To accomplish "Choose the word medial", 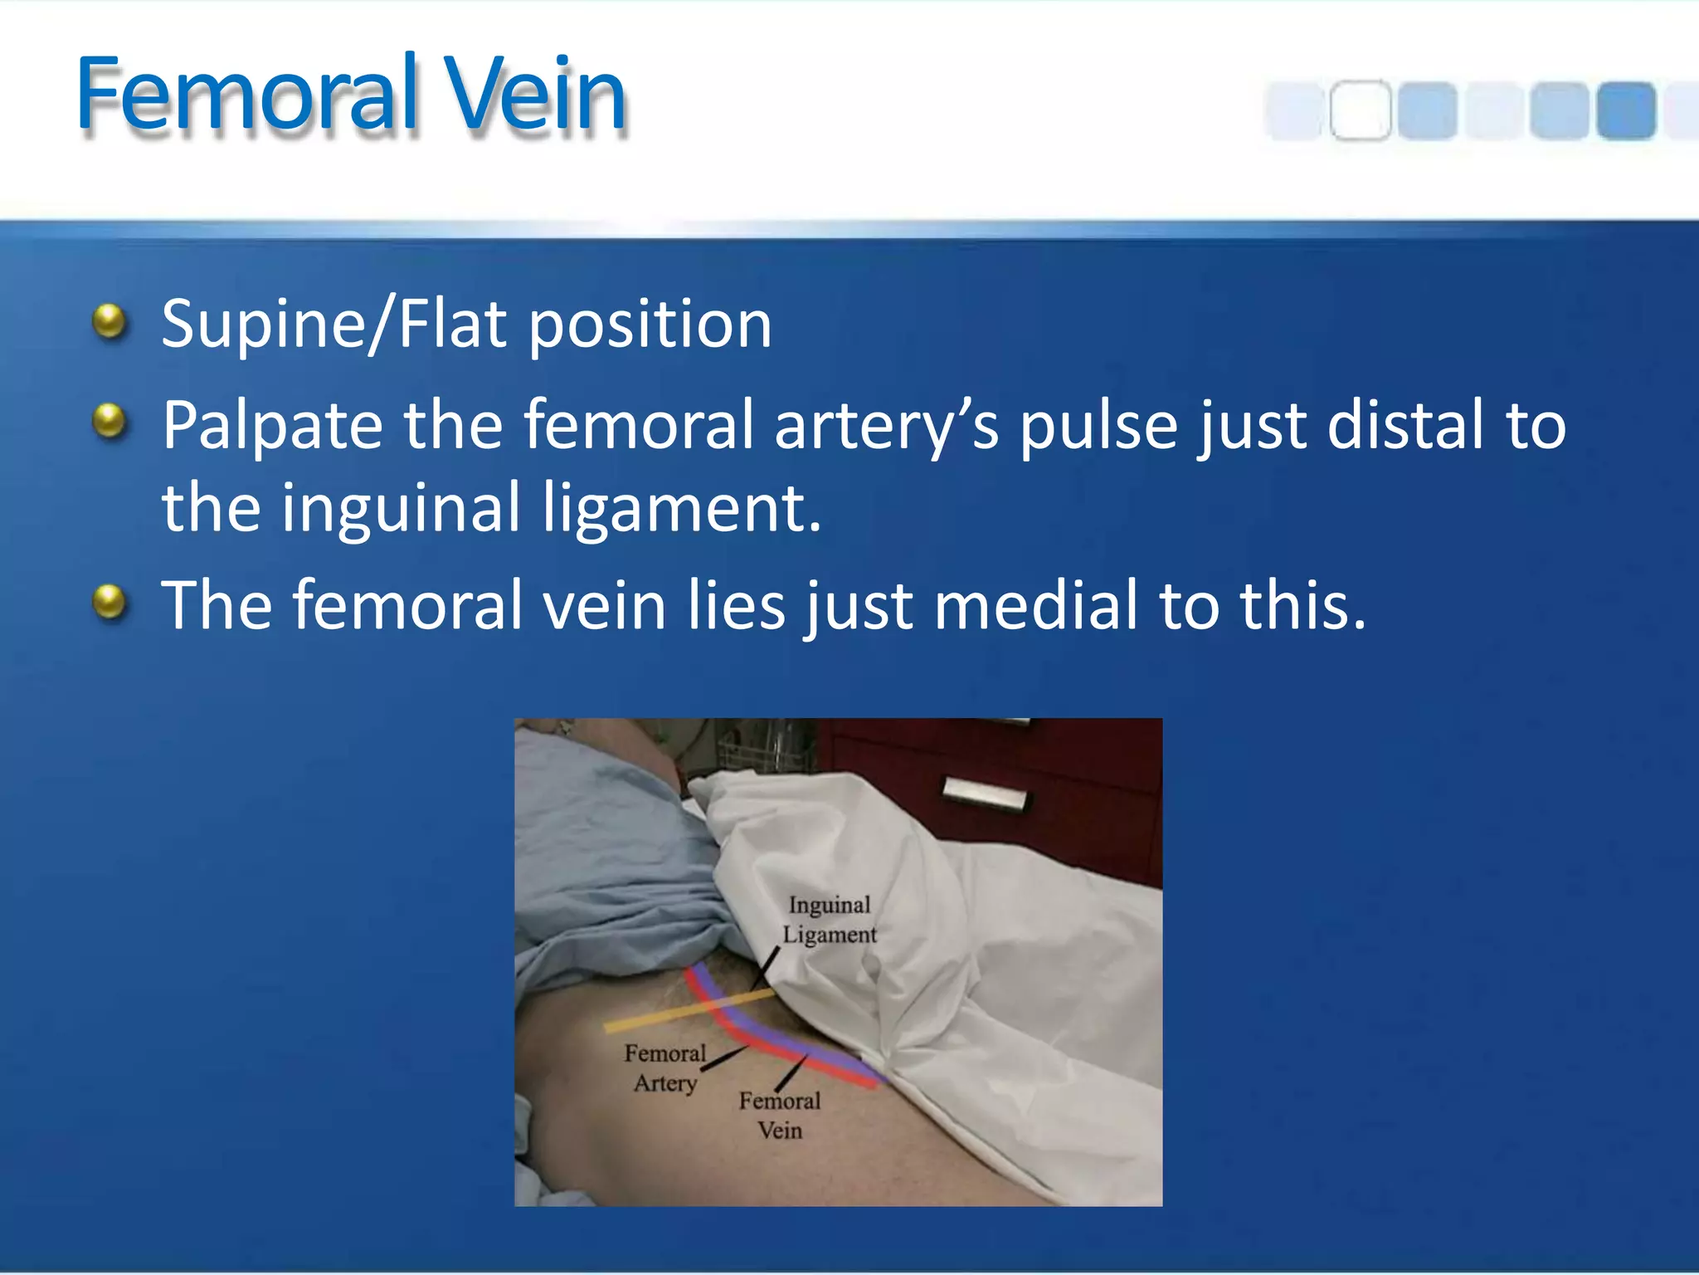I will [x=1036, y=605].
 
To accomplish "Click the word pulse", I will [x=1098, y=426].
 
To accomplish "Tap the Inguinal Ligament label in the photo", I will [x=830, y=920].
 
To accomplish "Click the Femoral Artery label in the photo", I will [x=665, y=1068].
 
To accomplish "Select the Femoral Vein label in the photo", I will [x=780, y=1116].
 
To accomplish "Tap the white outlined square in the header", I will [x=1360, y=110].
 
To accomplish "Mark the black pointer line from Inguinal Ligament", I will [x=765, y=969].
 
